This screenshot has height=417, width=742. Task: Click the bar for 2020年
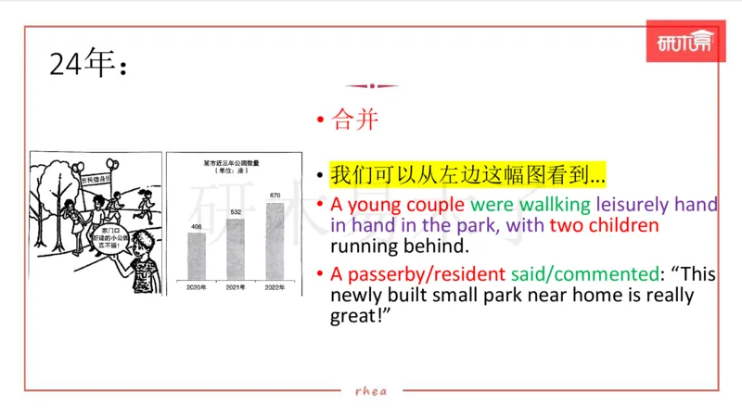196,255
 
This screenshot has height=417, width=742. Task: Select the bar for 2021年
236,248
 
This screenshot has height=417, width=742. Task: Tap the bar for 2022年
275,240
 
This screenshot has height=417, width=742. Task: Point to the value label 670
275,196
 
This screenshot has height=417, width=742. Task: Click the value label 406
196,226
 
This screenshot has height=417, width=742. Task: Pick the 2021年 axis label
236,286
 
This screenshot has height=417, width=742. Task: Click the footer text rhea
371,391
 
